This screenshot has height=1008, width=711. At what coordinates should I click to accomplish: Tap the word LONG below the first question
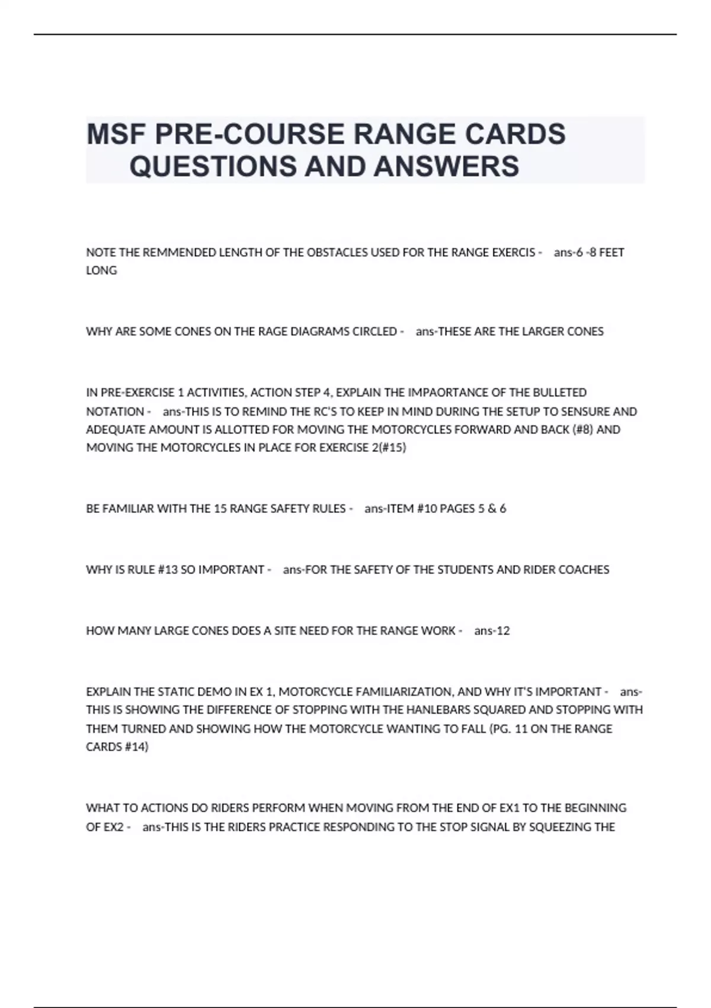point(101,270)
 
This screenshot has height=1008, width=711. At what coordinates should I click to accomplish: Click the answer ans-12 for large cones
point(492,631)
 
